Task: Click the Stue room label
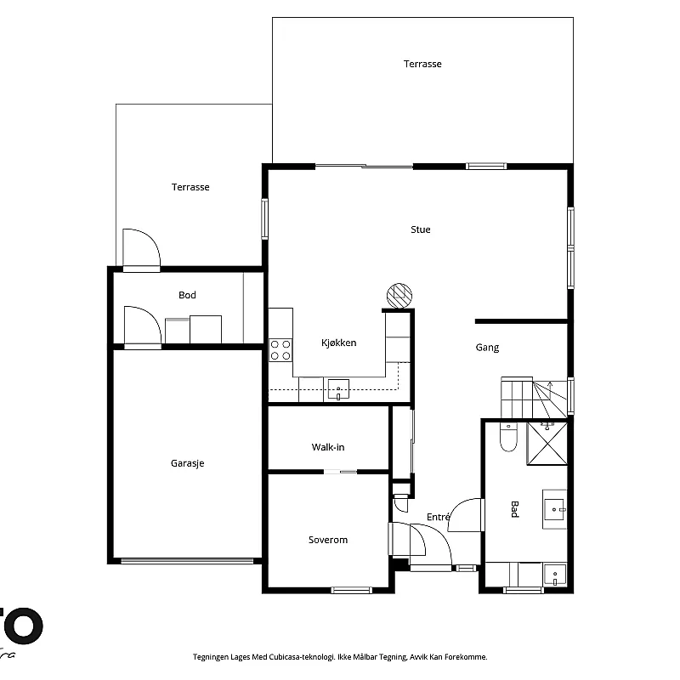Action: (420, 229)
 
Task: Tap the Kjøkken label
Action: (338, 343)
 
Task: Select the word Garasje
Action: (187, 463)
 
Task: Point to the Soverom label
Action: (327, 540)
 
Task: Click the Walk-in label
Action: (327, 447)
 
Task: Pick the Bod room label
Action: (187, 295)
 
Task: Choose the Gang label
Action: (487, 347)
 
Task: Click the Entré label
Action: (438, 517)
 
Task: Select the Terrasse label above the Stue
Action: (422, 64)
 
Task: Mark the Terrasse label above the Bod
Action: (190, 187)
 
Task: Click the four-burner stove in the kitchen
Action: (280, 349)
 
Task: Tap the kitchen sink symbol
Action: (338, 389)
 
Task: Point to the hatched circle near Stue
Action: (399, 295)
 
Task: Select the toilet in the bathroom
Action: (508, 437)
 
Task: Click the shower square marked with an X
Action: (547, 443)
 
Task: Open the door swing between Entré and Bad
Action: (466, 514)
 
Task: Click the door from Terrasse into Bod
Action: (141, 250)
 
